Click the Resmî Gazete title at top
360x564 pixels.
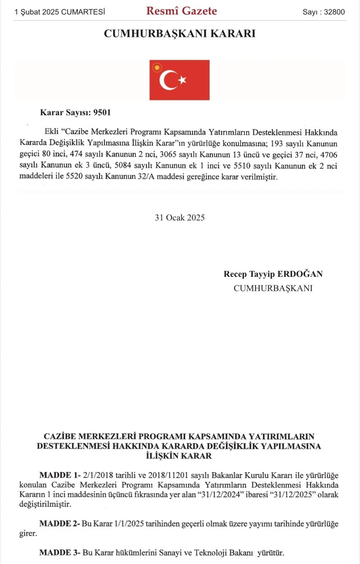pyautogui.click(x=181, y=11)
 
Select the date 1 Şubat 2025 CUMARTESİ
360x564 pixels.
pyautogui.click(x=60, y=12)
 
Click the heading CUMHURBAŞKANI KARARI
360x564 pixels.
pyautogui.click(x=180, y=34)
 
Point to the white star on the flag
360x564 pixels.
pyautogui.click(x=182, y=80)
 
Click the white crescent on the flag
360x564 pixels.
pyautogui.click(x=168, y=80)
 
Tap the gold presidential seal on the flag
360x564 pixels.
pyautogui.click(x=157, y=68)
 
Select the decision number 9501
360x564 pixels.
pyautogui.click(x=101, y=113)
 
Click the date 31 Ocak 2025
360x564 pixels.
pyautogui.click(x=180, y=217)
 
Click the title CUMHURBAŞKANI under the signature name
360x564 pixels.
pyautogui.click(x=273, y=288)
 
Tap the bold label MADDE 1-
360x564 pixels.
pyautogui.click(x=60, y=476)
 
